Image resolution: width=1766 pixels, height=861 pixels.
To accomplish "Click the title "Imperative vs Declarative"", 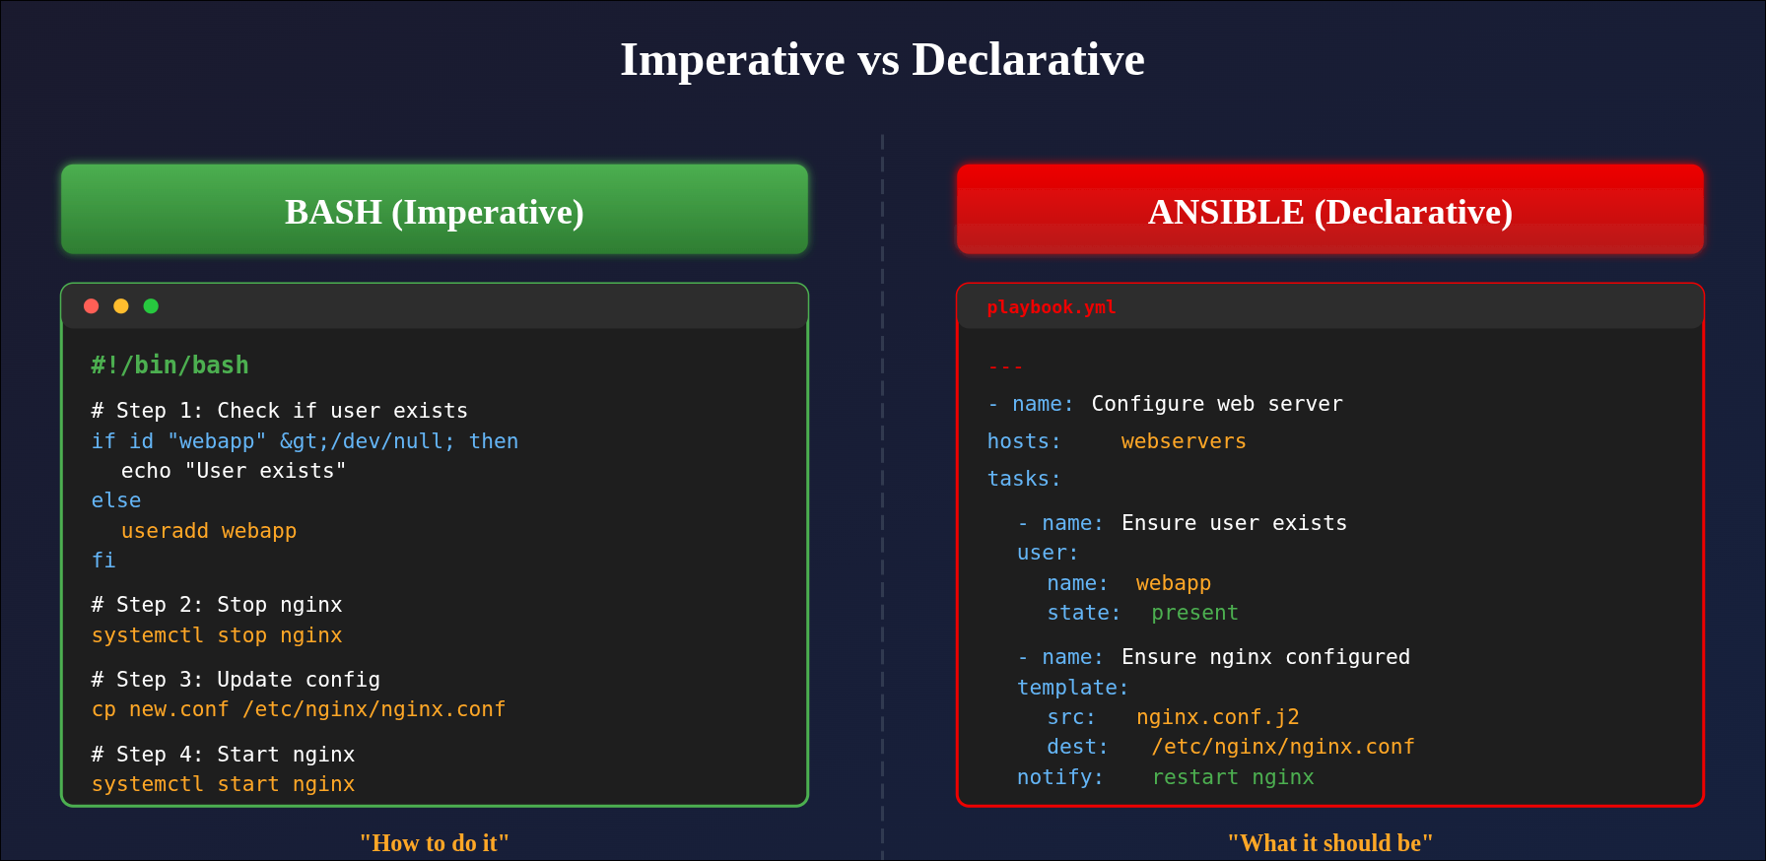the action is (x=882, y=59).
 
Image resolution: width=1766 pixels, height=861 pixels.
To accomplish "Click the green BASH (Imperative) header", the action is (x=435, y=210).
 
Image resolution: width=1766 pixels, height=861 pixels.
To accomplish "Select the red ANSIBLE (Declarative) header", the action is (x=1330, y=210).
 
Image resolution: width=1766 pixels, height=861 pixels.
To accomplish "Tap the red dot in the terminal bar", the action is (x=92, y=306).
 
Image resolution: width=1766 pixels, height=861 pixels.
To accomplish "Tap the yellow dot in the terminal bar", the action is (x=121, y=306).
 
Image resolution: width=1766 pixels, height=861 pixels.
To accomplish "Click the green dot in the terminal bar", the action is (x=151, y=306).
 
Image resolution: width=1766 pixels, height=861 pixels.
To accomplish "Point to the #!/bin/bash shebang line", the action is (x=170, y=365).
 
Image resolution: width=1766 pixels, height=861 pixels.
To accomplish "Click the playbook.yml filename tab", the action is (x=1052, y=307).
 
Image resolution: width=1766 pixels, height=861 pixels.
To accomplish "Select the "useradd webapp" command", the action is (x=209, y=531).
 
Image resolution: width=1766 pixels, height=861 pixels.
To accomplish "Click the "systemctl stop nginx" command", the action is (x=217, y=635).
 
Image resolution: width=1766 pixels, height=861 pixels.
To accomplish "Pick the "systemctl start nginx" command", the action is (x=223, y=784).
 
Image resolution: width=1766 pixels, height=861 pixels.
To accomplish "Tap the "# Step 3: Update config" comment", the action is (x=236, y=680).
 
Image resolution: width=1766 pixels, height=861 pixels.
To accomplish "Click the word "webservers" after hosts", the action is (x=1184, y=441).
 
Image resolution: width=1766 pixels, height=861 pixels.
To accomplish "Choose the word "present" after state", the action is (x=1194, y=613).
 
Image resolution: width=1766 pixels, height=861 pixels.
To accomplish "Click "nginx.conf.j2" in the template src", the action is (x=1217, y=717).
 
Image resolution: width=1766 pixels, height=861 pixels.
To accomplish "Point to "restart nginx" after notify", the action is (x=1233, y=777).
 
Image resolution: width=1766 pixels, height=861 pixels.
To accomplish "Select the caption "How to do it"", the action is (x=435, y=843).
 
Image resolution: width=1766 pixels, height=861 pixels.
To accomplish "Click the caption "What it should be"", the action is (x=1330, y=843).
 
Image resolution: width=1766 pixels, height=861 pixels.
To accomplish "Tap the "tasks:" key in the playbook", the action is (x=1024, y=479).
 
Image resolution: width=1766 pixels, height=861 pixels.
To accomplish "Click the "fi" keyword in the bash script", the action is (x=103, y=561).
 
